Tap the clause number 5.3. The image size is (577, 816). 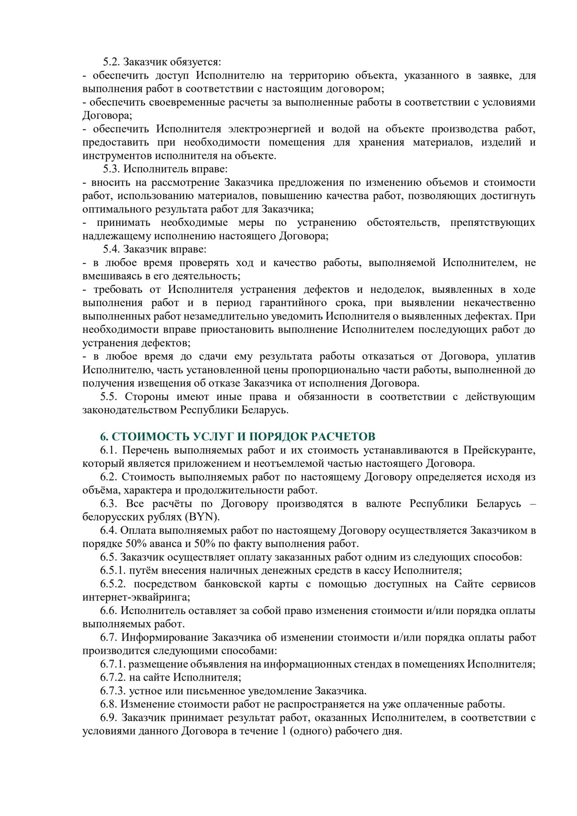111,169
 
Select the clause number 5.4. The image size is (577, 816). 111,249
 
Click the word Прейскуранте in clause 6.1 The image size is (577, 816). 499,450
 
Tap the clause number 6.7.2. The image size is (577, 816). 113,678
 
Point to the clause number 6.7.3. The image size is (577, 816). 113,691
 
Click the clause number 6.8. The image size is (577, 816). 109,704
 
